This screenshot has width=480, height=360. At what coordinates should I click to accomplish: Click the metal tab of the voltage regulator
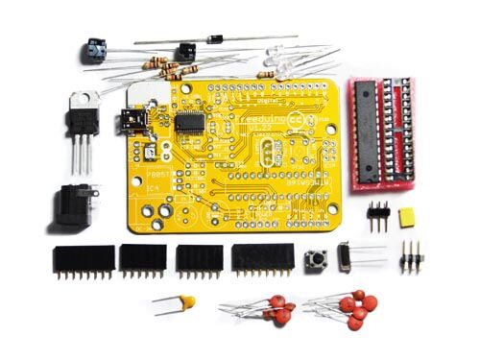tap(84, 100)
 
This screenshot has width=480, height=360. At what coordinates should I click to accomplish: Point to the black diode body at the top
tap(216, 39)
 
